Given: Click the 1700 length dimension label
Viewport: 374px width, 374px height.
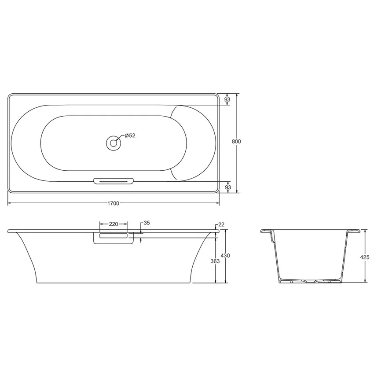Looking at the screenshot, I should coord(113,203).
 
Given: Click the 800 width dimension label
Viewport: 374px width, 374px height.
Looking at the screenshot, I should coord(237,142).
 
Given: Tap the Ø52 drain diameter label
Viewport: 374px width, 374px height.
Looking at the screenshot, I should coord(130,136).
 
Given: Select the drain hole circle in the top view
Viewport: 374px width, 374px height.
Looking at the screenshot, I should coord(114,143).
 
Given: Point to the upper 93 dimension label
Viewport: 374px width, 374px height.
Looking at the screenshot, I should coord(227,99).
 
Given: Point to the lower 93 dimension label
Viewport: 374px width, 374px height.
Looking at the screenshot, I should coord(227,187).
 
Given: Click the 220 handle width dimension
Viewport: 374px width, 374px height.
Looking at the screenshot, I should coord(113,224).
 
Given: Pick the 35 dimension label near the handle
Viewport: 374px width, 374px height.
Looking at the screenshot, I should coord(147,223).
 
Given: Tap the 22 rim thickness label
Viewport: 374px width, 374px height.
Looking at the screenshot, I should coord(221,224).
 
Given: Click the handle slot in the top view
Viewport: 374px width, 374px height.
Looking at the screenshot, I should coord(114,180).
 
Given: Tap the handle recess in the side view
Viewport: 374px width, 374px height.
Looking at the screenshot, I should coord(114,237).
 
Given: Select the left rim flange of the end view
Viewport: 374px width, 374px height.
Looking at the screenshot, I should coord(266,231).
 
